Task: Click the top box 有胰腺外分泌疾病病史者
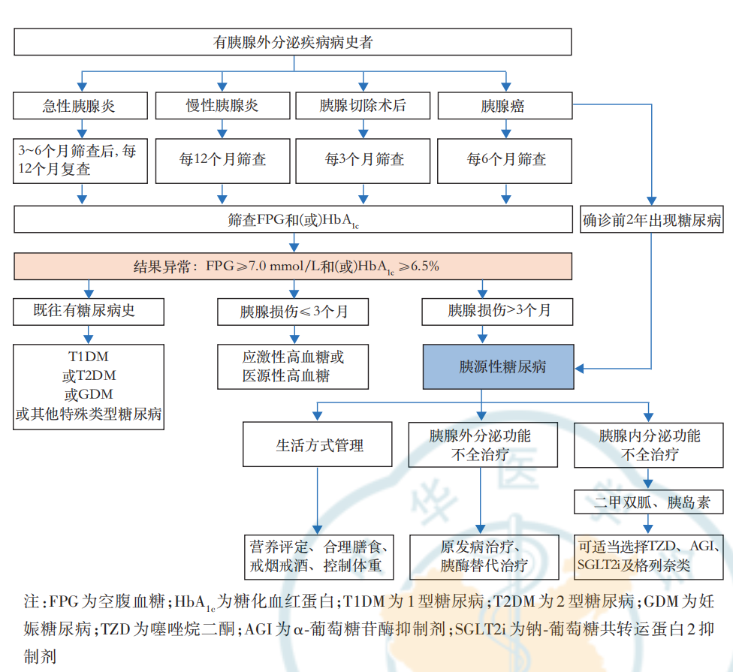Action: point(293,42)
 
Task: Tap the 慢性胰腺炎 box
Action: point(222,105)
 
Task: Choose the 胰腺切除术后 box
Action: point(363,105)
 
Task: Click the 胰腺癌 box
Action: point(504,105)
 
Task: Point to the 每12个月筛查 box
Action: point(222,160)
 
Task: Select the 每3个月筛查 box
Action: point(363,160)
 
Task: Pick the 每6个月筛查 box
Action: point(504,160)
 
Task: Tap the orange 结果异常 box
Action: point(293,266)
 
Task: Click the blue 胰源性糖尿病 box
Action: point(498,367)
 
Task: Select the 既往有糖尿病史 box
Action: point(89,312)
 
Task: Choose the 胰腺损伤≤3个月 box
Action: point(293,312)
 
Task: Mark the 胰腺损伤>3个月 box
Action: point(498,312)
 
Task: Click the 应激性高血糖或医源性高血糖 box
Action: point(293,366)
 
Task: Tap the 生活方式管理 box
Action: point(317,444)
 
